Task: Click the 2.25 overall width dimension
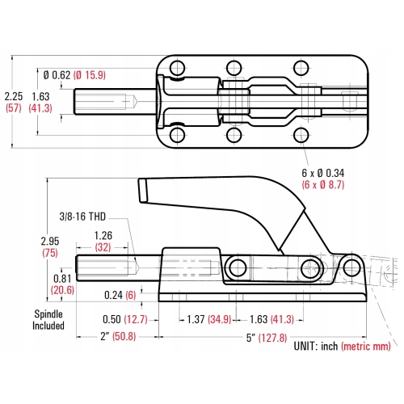(14, 95)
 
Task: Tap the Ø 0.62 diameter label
(57, 76)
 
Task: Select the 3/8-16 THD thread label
(82, 217)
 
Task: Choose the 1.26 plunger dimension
(102, 236)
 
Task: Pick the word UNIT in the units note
(310, 347)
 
